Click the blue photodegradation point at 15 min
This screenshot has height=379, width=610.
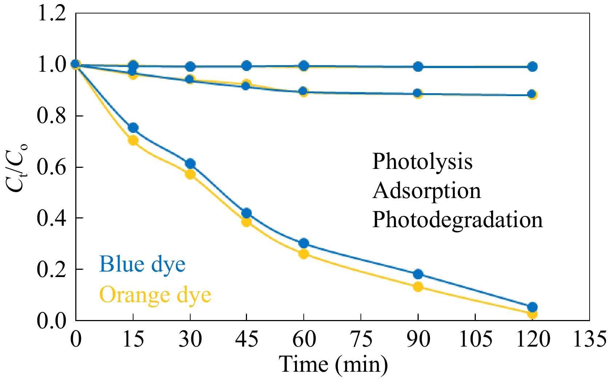(133, 128)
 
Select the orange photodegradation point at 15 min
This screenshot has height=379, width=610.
(133, 141)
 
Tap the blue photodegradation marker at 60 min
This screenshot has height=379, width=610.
(304, 243)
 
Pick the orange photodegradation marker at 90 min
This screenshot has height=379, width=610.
(418, 287)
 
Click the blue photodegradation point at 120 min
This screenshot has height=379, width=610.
(532, 307)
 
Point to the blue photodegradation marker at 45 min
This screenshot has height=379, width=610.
(247, 213)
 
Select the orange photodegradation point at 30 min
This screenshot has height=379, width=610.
(190, 174)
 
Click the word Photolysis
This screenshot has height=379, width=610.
(422, 161)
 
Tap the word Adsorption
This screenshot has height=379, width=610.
(426, 190)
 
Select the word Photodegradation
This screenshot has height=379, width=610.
(457, 220)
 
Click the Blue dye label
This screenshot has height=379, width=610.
(142, 264)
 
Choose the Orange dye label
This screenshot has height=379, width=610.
(155, 295)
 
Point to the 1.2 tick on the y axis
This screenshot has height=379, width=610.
(52, 14)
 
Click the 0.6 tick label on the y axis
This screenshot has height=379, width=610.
(52, 167)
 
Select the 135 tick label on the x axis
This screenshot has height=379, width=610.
(589, 339)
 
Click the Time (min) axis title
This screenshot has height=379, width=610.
(333, 364)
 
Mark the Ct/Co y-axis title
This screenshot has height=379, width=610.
(17, 167)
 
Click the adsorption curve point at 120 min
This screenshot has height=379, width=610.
(532, 94)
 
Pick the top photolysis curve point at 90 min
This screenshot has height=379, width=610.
(418, 67)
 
